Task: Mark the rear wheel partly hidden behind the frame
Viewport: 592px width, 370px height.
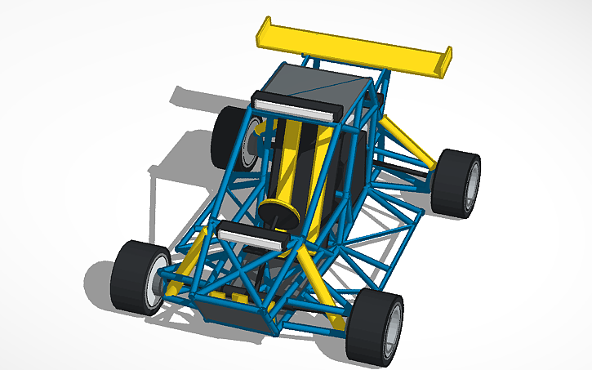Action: (x=225, y=135)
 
